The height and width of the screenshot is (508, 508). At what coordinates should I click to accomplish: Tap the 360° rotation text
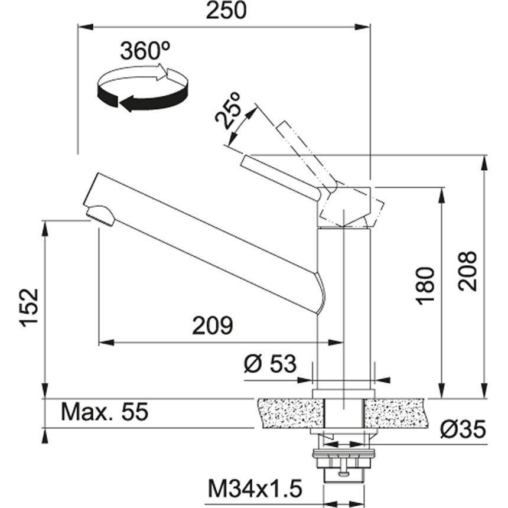[x=142, y=51]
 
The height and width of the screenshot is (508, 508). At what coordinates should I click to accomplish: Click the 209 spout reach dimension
[x=212, y=325]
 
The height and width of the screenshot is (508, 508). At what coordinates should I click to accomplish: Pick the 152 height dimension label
[x=28, y=307]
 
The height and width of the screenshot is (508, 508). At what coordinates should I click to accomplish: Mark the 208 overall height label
[x=468, y=271]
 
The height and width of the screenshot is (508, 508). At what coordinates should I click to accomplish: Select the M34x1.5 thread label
[x=255, y=489]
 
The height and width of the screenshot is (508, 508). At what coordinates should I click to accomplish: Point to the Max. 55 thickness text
[x=104, y=412]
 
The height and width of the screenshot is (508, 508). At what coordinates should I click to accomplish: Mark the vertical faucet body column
[x=344, y=307]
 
